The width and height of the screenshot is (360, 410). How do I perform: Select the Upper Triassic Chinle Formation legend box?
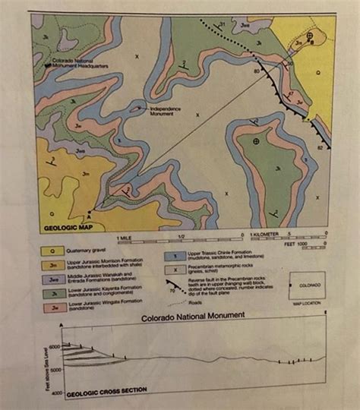(x=172, y=256)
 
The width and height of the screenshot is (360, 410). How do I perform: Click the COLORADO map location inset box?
(x=308, y=288)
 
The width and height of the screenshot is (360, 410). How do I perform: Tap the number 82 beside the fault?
(x=320, y=147)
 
